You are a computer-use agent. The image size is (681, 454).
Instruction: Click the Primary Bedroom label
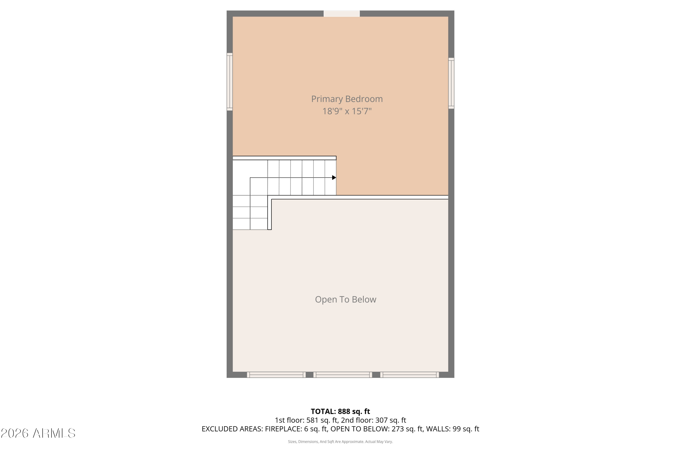tap(347, 99)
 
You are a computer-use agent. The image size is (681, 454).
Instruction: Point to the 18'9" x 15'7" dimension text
tap(347, 111)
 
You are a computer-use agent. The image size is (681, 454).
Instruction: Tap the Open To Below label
tap(345, 299)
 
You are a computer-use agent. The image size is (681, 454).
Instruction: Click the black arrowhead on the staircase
tap(334, 178)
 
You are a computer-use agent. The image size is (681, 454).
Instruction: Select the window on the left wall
tap(229, 82)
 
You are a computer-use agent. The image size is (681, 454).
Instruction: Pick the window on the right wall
tap(451, 83)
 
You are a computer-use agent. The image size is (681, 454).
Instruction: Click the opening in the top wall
tap(342, 14)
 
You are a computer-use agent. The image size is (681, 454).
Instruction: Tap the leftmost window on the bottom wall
tap(276, 375)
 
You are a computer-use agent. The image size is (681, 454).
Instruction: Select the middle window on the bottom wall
tap(343, 375)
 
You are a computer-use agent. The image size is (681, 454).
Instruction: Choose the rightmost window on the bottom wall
tap(410, 375)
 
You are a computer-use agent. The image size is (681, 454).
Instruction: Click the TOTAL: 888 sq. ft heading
tap(340, 411)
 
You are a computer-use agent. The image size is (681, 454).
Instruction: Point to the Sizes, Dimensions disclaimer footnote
tap(340, 442)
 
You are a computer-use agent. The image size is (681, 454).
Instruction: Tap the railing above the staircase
tap(284, 158)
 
